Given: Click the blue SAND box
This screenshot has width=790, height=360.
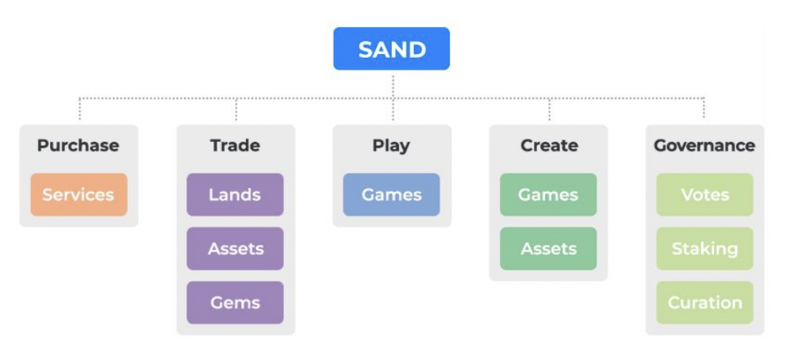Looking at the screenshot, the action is coord(391,49).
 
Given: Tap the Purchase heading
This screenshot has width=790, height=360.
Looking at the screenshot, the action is coord(78,146).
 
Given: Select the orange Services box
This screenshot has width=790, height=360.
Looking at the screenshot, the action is coord(79,194).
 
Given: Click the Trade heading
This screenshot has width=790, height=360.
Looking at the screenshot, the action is coord(235,146).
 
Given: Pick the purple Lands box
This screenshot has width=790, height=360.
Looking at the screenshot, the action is coord(235,194).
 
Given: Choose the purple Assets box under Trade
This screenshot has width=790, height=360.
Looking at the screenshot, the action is coord(235,248).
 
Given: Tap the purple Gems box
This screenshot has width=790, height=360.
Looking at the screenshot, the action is coord(235,302).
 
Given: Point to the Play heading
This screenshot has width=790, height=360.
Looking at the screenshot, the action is coord(391,146).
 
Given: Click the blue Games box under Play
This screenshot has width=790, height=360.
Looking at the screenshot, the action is coord(391,194).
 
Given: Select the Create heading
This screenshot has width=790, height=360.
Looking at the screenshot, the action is coord(548,146).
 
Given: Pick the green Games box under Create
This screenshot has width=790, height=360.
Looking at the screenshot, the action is coord(548,194).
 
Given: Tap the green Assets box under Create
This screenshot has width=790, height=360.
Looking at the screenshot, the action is coord(548,248).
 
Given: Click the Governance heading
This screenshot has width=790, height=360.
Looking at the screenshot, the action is coord(704,146).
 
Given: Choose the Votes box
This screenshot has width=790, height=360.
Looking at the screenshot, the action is coord(704,194).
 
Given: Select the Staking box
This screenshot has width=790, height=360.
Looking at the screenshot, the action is coord(704,248).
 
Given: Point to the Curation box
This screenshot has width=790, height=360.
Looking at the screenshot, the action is coord(704,302).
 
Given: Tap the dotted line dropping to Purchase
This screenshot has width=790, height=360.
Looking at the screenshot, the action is coord(79,109).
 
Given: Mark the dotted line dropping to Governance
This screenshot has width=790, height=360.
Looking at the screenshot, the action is coord(704,109).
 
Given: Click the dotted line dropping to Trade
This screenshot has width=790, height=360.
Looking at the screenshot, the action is coord(236,109).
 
